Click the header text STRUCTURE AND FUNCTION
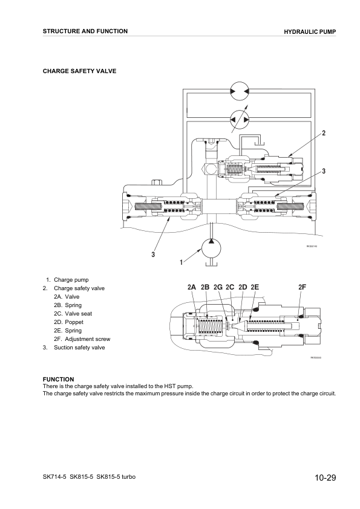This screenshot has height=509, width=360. tap(85, 31)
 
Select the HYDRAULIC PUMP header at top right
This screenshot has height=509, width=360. tap(310, 31)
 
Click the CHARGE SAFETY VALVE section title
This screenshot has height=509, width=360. tap(79, 71)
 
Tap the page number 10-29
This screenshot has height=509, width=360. tap(325, 479)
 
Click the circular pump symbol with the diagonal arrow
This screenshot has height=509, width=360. tap(239, 120)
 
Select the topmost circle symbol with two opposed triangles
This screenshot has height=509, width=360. tap(239, 92)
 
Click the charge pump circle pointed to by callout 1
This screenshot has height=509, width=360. tap(211, 248)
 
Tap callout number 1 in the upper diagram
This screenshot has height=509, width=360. tap(180, 262)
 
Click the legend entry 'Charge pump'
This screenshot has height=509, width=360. tap(71, 280)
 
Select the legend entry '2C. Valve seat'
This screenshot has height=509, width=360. tap(73, 314)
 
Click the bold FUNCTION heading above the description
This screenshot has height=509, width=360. tap(58, 380)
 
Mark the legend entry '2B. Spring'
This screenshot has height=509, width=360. tap(68, 305)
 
